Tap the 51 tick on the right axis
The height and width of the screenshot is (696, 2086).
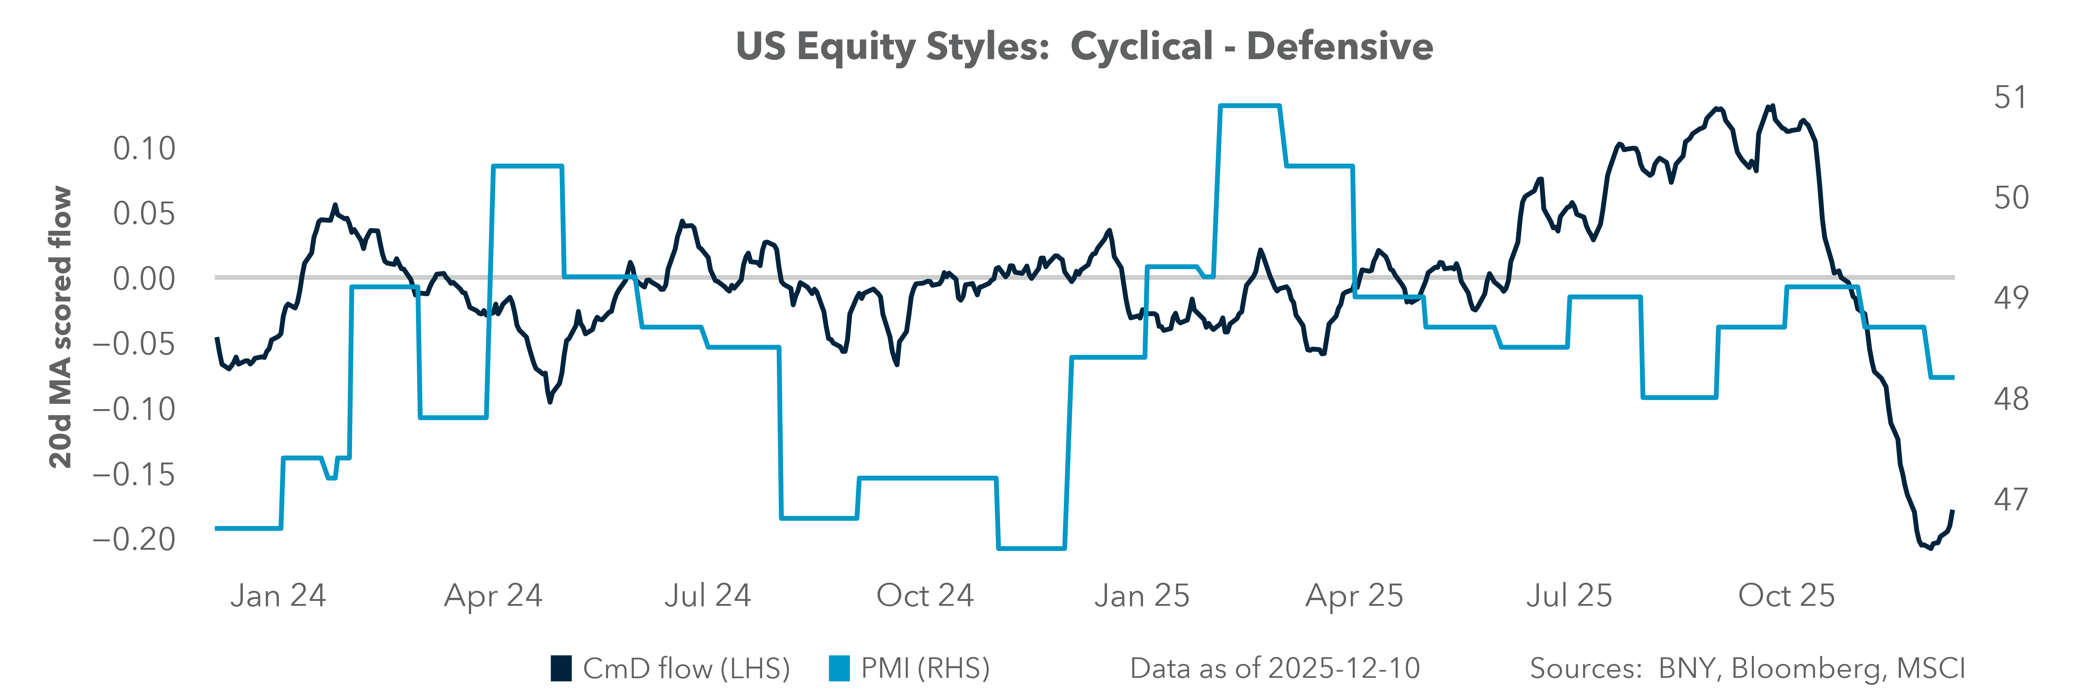pos(2010,97)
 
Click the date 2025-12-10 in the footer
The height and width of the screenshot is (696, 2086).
pos(1344,669)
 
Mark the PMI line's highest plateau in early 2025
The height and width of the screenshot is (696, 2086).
pos(1250,105)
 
